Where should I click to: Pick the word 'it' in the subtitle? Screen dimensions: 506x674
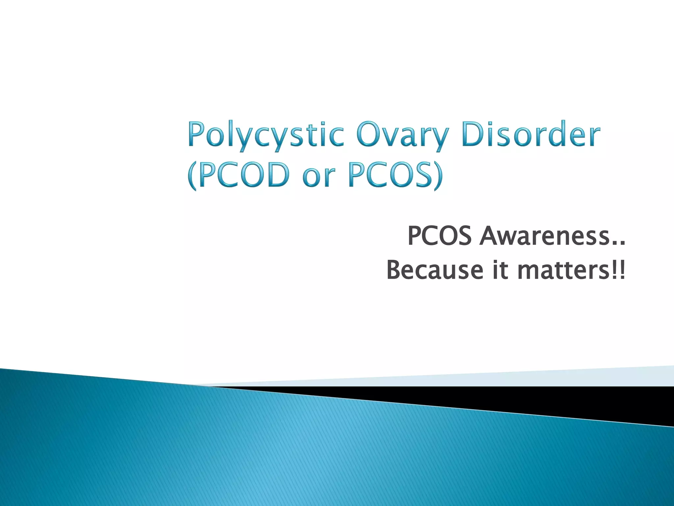point(500,270)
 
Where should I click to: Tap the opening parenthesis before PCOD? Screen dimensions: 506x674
point(192,176)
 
